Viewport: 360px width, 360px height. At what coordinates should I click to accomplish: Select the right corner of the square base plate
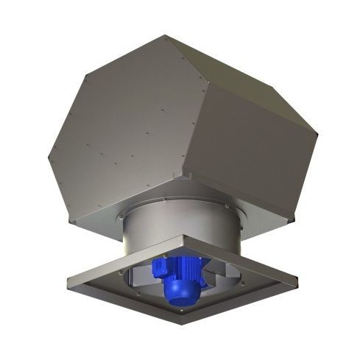click(x=297, y=282)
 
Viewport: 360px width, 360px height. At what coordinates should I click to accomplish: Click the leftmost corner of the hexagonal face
click(x=49, y=156)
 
